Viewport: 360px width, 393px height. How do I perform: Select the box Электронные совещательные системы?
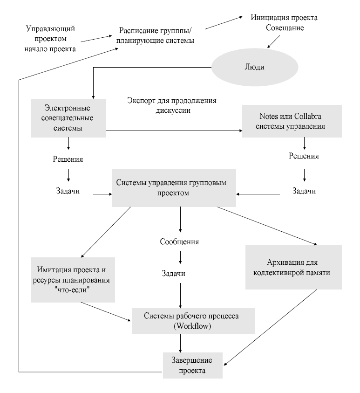click(x=68, y=118)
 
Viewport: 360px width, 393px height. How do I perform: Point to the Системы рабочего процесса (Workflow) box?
click(x=193, y=321)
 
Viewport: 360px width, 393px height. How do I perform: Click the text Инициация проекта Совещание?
click(x=285, y=23)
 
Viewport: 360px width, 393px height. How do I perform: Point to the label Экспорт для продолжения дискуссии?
click(x=172, y=106)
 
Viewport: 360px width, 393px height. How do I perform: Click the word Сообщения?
click(x=180, y=242)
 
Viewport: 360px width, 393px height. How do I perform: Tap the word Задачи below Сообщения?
click(x=180, y=273)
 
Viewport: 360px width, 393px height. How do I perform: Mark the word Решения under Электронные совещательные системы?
click(x=68, y=159)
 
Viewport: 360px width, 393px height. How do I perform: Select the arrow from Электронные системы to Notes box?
click(x=175, y=131)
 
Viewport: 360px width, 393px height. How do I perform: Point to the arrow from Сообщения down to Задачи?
click(x=180, y=257)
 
